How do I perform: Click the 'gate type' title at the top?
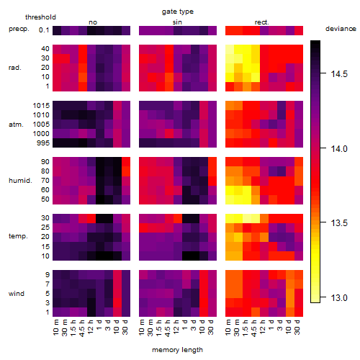(178, 12)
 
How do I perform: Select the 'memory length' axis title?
(177, 350)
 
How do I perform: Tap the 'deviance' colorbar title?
(341, 29)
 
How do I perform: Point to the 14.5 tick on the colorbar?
(323, 73)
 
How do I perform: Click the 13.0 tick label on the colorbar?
(339, 298)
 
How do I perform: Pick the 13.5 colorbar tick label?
(339, 223)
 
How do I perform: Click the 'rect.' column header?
(261, 22)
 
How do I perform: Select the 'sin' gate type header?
(177, 22)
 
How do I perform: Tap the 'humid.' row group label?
(20, 181)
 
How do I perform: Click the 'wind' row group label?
(17, 294)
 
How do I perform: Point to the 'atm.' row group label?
(16, 125)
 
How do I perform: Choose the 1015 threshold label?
(41, 106)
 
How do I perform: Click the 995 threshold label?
(43, 143)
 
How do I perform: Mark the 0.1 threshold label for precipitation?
(44, 30)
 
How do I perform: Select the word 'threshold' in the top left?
(40, 17)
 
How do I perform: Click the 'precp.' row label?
(19, 30)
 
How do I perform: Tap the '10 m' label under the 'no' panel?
(55, 327)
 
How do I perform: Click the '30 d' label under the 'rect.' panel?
(297, 327)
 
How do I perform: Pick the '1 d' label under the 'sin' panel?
(185, 325)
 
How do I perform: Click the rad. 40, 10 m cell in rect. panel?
(230, 49)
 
